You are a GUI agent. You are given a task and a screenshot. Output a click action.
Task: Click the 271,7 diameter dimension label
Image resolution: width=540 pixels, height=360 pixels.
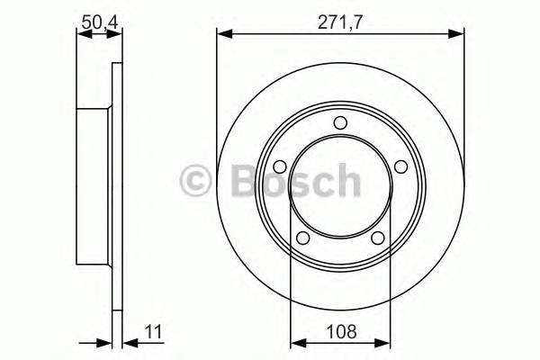[340, 20]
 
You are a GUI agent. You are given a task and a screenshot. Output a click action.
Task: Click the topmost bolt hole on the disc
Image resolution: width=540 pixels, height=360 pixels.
[340, 123]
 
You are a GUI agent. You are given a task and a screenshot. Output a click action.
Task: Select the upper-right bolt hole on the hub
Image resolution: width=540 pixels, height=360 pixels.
[400, 166]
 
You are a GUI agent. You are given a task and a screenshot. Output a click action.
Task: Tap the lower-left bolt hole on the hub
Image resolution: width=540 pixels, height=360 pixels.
[303, 238]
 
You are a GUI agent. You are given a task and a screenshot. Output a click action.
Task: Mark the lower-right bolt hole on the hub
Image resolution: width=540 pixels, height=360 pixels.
[378, 238]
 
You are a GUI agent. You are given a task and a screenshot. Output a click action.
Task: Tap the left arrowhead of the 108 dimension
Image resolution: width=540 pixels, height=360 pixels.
[295, 342]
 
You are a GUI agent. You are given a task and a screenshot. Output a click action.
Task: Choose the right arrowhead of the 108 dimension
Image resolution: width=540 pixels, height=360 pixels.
[386, 342]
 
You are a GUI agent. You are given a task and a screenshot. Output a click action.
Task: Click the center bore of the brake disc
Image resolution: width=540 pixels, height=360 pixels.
[340, 184]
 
